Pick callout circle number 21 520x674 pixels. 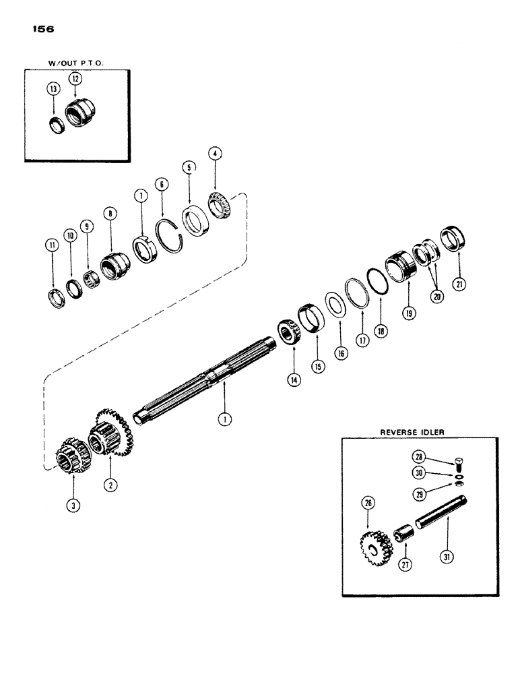coord(461,284)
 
